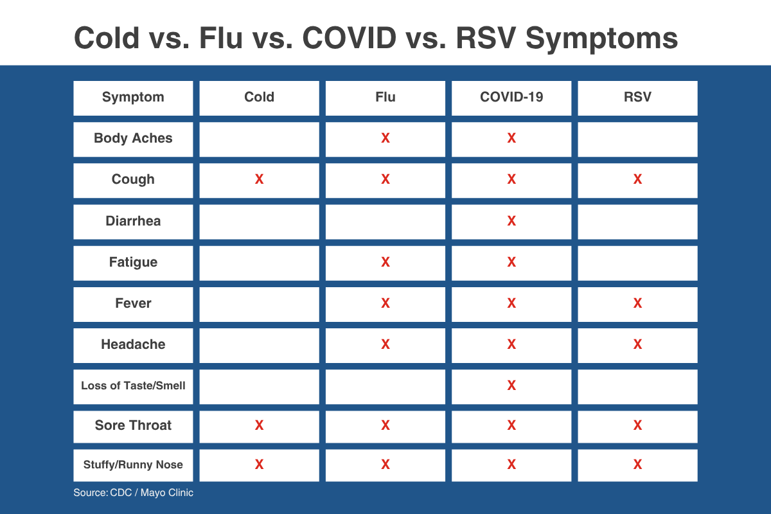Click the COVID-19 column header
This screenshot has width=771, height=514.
pos(511,97)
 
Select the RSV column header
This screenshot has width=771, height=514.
pos(637,97)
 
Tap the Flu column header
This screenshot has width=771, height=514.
pos(385,97)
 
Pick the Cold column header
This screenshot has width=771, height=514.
pos(259,97)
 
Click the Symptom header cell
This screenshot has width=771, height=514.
pos(133,98)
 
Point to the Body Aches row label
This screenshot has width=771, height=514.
pos(133,138)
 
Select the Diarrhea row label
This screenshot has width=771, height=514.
pos(133,221)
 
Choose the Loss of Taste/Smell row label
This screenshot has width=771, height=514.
pos(133,385)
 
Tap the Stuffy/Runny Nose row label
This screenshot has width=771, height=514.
pos(133,465)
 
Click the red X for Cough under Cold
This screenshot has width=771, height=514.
pos(259,179)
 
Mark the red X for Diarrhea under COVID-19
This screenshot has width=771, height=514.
pos(511,220)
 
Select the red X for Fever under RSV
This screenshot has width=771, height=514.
pos(637,303)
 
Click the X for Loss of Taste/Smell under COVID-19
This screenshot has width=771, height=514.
pos(511,385)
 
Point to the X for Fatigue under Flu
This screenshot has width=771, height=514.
pos(385,262)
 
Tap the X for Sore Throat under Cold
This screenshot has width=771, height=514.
pos(259,425)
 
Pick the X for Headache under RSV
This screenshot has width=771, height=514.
pos(637,344)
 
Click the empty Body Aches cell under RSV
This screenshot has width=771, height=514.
pos(637,139)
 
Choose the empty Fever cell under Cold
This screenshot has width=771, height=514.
pos(259,305)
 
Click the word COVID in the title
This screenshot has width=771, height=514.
pos(350,37)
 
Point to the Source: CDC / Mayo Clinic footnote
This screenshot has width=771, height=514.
pos(133,493)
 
